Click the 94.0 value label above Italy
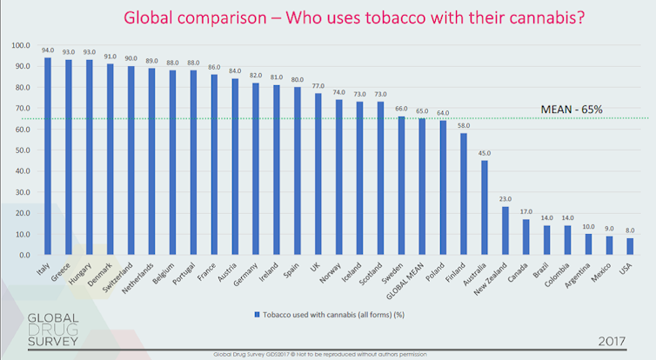click(48, 50)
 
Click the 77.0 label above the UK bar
click(318, 86)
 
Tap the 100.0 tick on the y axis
click(19, 45)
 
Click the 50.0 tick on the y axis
click(21, 150)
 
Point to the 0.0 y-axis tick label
click(23, 255)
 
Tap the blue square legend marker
click(258, 314)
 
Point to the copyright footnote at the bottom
click(327, 355)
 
